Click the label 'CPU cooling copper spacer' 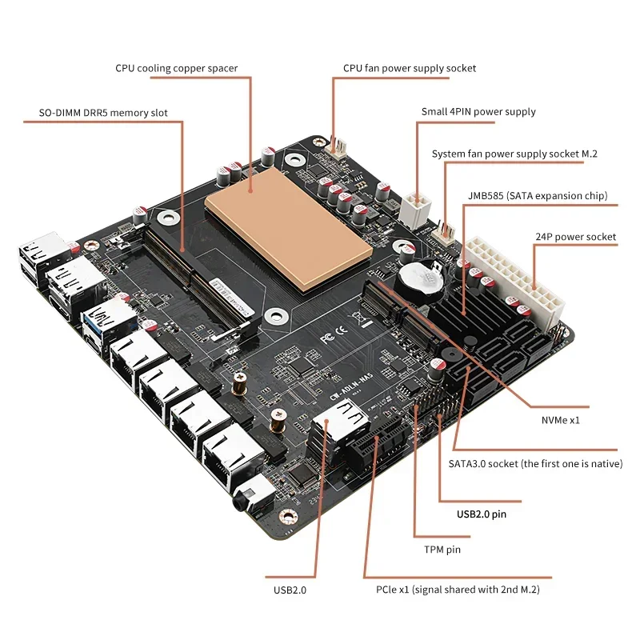[x=177, y=68]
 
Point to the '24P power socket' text [x=575, y=237]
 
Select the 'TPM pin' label [x=442, y=550]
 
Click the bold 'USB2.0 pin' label [x=482, y=514]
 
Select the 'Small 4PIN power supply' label [x=478, y=112]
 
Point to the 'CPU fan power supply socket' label [x=410, y=68]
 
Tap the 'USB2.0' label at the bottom [x=290, y=590]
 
